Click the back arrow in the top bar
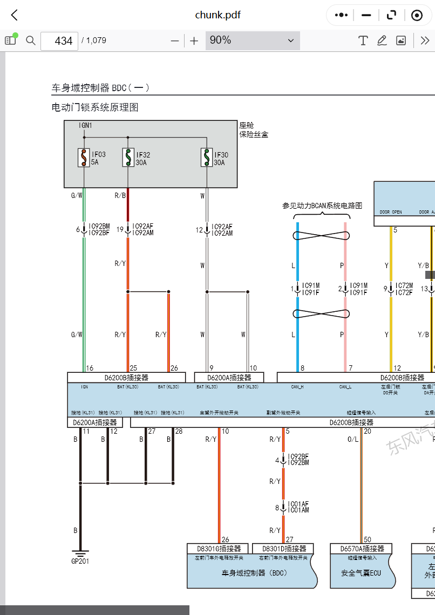(15, 15)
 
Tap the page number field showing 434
(59, 40)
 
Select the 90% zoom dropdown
(252, 40)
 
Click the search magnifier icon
(31, 40)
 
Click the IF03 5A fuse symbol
(84, 158)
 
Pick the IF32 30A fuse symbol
(128, 158)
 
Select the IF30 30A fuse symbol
(206, 158)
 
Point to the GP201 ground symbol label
(80, 562)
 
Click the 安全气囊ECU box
(361, 572)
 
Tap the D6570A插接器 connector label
(362, 549)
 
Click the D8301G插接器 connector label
(218, 549)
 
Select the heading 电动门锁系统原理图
(95, 107)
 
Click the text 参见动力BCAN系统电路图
(322, 206)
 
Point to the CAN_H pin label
(297, 387)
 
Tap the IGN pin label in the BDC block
(84, 387)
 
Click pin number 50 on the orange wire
(368, 539)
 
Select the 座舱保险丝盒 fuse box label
(254, 129)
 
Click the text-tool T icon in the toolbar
(363, 40)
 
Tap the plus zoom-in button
(194, 40)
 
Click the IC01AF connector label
(298, 503)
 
